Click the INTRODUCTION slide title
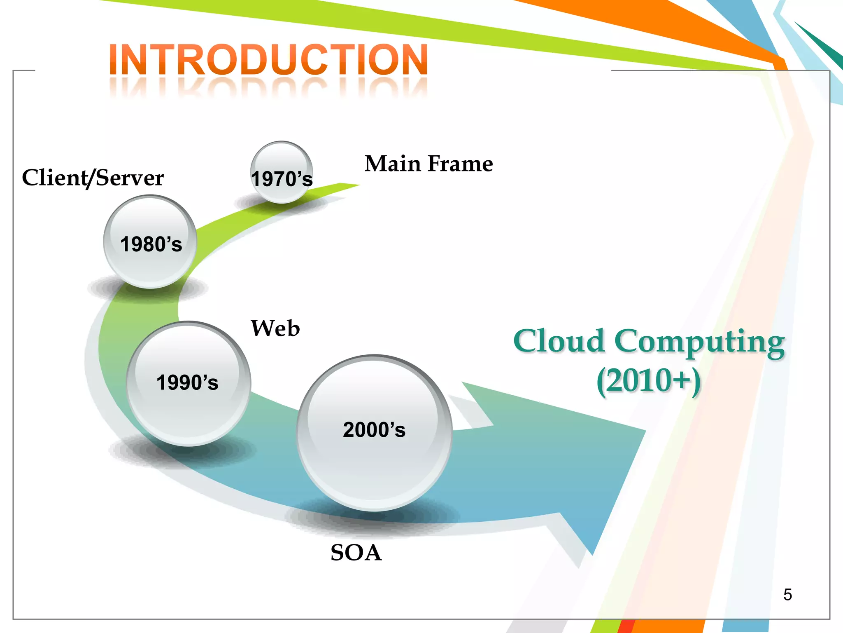point(268,60)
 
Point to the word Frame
point(460,164)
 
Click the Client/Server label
point(93,178)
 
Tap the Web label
point(275,328)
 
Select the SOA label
point(356,553)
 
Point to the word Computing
point(699,342)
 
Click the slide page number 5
point(787,595)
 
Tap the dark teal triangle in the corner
point(827,49)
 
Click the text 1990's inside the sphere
point(187,382)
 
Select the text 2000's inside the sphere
point(374,430)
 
